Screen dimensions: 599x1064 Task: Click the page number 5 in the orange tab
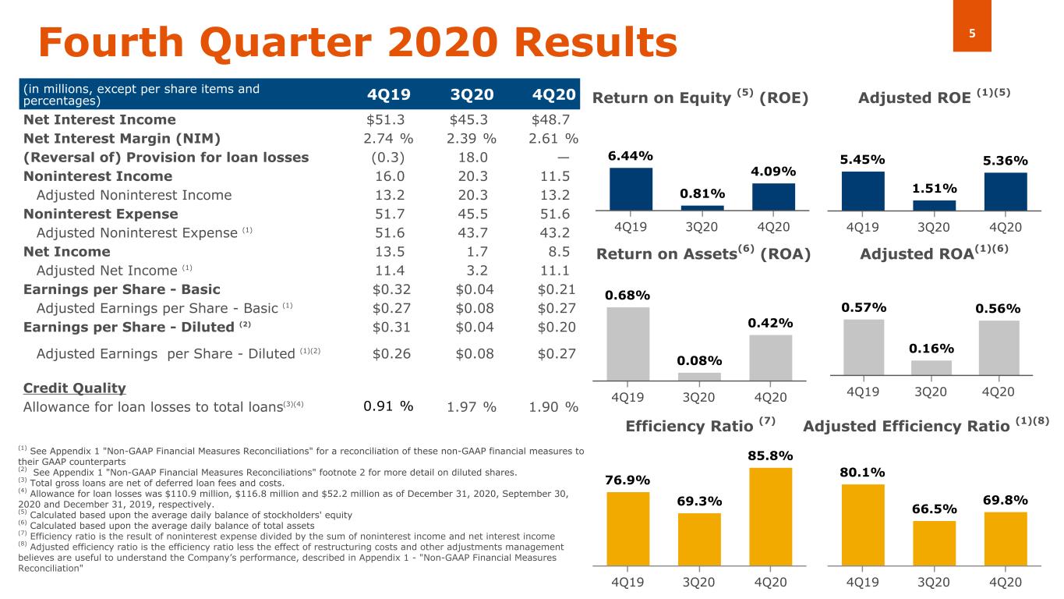coord(972,34)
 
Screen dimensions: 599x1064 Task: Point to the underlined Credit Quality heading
coord(74,388)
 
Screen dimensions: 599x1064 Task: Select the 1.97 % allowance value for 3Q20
coord(472,407)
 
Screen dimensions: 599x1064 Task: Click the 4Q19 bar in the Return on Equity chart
coord(631,190)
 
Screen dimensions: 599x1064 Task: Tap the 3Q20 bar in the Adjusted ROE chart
coord(934,205)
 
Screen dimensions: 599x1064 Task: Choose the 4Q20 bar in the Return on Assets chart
coord(770,357)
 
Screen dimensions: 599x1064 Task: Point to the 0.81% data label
coord(702,193)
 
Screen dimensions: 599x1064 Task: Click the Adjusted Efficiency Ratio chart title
coord(926,426)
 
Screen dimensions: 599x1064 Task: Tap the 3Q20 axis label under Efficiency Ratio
coord(699,583)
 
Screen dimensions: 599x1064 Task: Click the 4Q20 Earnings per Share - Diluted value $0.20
coord(557,327)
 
